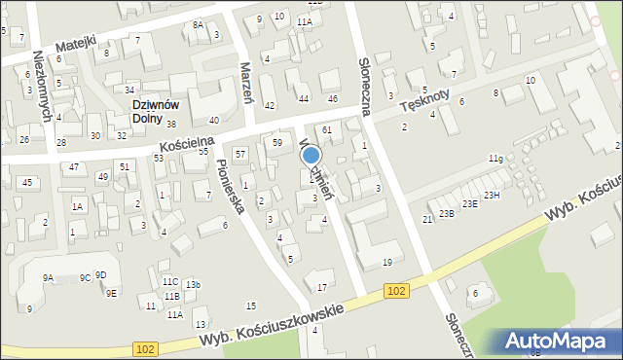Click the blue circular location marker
coord(312,155)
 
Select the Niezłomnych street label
coord(43,86)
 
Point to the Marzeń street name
coord(246,83)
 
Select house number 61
coord(327,129)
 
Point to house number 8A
coord(198,24)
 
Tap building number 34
coord(128,90)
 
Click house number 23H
coord(493,196)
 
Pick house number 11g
coord(495,158)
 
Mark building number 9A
coord(48,277)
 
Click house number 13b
coord(193,284)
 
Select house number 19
coord(387,262)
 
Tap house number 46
coord(332,99)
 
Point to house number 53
coord(158,158)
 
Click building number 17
coord(322,286)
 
